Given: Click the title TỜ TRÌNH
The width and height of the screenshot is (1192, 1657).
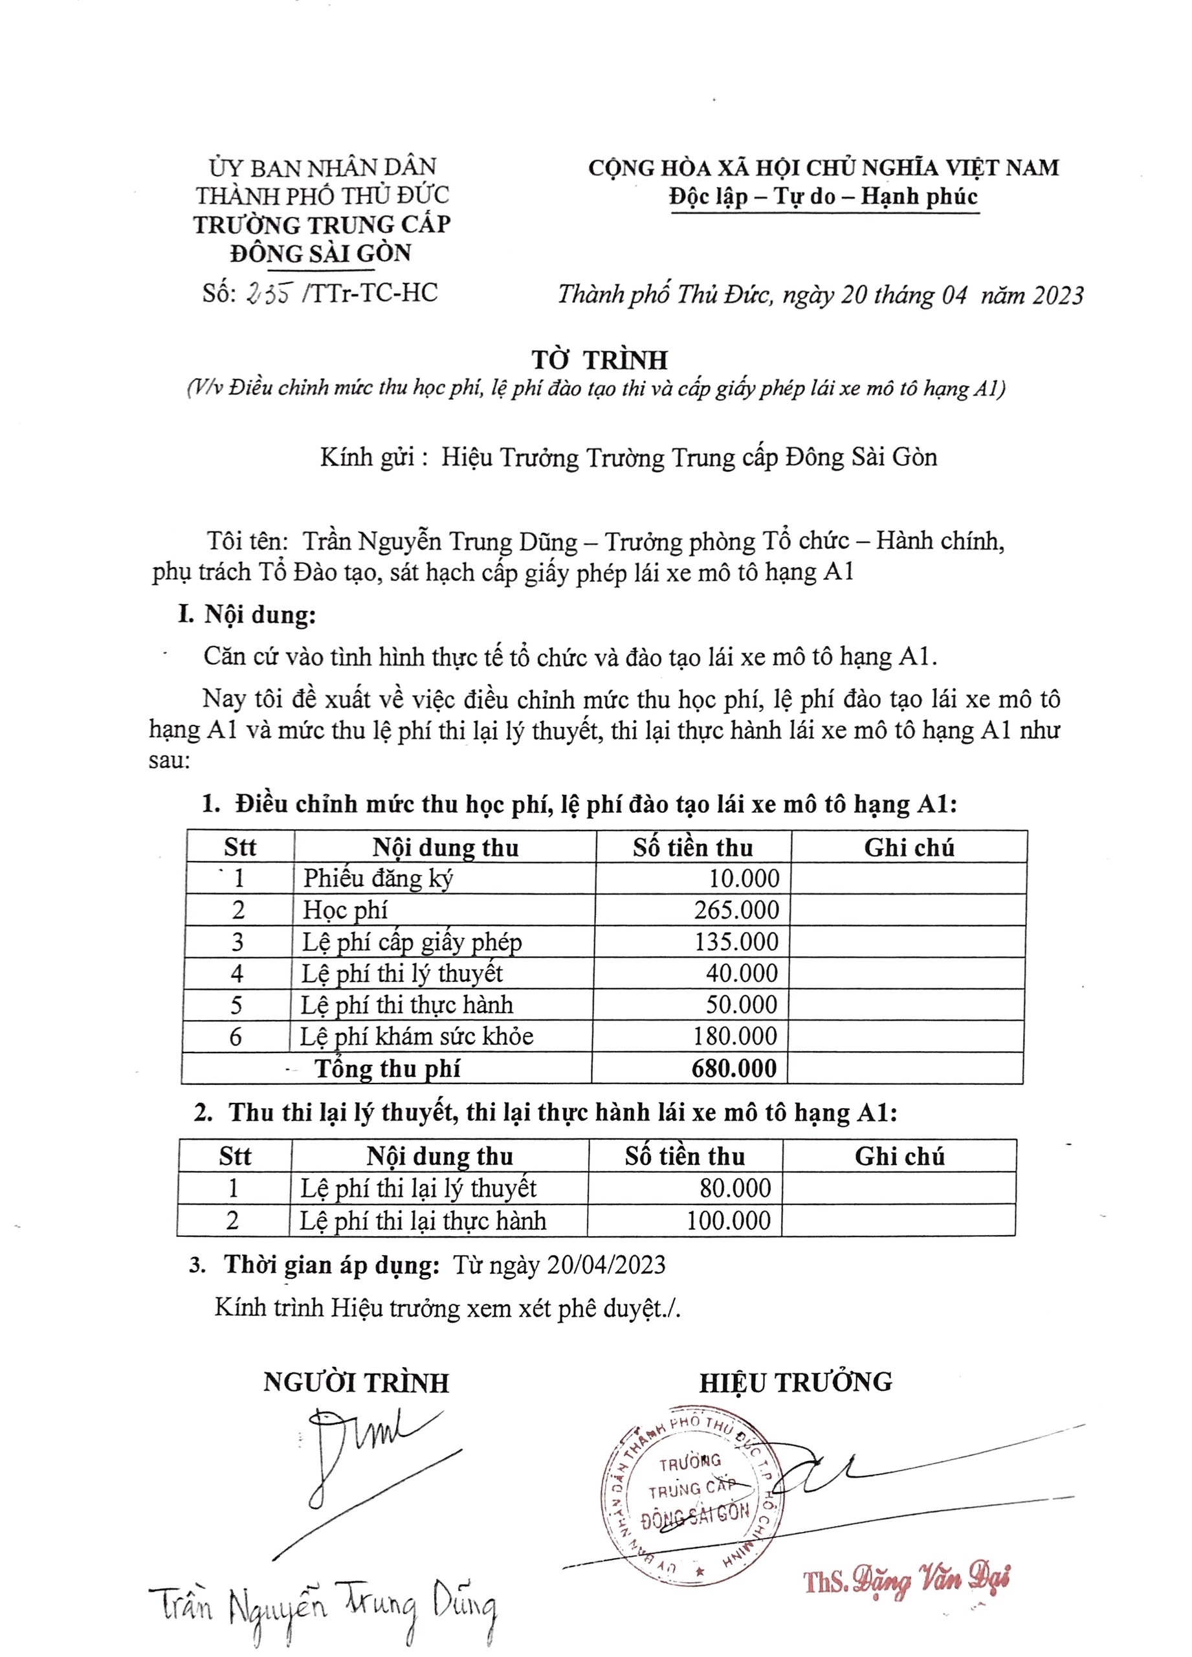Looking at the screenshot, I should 600,360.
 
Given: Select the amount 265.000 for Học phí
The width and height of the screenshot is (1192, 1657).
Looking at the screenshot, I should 736,910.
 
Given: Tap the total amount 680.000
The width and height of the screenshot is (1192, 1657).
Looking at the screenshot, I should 733,1068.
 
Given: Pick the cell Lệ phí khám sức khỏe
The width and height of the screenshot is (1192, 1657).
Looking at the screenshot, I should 416,1036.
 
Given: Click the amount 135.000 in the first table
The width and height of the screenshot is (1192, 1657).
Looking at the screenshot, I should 736,942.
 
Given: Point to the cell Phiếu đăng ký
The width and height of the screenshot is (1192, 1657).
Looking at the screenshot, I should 379,878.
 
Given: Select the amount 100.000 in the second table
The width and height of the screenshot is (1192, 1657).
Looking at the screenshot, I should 728,1220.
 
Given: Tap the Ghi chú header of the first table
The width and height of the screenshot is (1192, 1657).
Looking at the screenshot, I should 909,847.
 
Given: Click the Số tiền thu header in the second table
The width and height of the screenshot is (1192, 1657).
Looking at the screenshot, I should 685,1157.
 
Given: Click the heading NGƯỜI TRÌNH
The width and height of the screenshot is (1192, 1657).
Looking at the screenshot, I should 356,1383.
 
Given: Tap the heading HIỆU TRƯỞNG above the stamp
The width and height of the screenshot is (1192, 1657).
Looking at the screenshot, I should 795,1381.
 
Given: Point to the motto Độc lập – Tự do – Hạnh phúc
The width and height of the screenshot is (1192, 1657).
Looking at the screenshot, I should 823,197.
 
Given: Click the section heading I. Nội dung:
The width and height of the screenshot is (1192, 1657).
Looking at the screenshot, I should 247,614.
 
